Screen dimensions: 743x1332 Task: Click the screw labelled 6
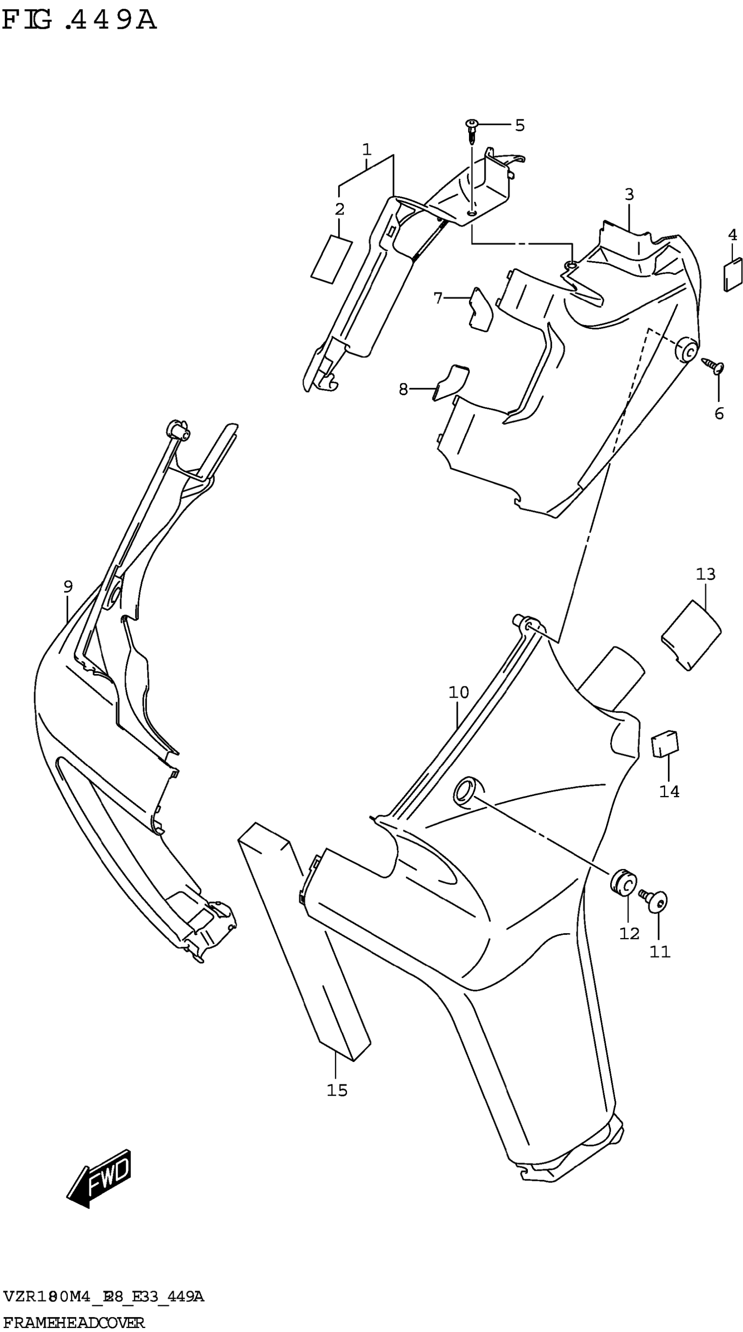[714, 365]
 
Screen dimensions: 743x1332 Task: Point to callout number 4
[732, 235]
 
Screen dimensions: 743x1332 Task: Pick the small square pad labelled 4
[733, 276]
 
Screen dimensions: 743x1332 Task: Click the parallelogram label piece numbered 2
[332, 259]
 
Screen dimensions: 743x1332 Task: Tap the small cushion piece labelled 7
[481, 310]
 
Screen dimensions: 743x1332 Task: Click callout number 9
[68, 587]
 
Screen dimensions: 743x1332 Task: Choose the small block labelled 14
[665, 744]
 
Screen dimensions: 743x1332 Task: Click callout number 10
[458, 692]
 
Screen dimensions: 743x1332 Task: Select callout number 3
[628, 195]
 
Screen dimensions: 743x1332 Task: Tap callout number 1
[367, 150]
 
